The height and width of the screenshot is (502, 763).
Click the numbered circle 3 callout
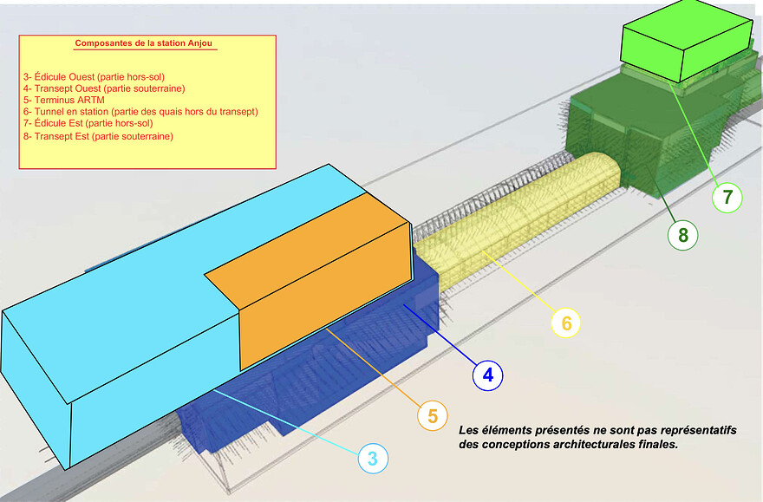[x=373, y=459]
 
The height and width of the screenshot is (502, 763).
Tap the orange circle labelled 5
[x=433, y=416]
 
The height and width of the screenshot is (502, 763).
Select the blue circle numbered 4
[x=487, y=375]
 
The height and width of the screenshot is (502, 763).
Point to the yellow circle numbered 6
[x=566, y=323]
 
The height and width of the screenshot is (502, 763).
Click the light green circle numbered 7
[x=727, y=198]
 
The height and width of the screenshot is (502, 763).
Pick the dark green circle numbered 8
[x=682, y=235]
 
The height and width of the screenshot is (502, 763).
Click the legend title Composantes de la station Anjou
[x=144, y=43]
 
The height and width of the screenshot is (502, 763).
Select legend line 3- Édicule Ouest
[x=94, y=77]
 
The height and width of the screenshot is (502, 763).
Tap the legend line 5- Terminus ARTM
[x=64, y=101]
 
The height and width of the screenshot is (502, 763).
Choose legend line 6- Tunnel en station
[x=140, y=112]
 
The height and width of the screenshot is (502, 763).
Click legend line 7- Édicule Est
[x=88, y=124]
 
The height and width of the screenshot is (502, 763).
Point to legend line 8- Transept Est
[x=98, y=136]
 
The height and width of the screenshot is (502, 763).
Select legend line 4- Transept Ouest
[x=104, y=88]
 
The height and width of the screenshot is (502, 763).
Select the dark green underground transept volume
[x=647, y=131]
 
